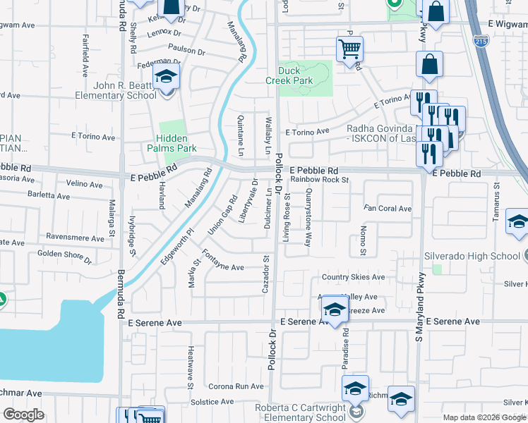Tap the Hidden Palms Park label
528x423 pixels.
[x=176, y=143]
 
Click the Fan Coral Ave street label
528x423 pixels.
[x=388, y=209]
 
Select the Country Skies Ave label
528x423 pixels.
[x=353, y=277]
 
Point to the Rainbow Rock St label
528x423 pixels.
[x=320, y=180]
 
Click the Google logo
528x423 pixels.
[x=24, y=415]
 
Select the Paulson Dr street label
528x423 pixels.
[x=186, y=51]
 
